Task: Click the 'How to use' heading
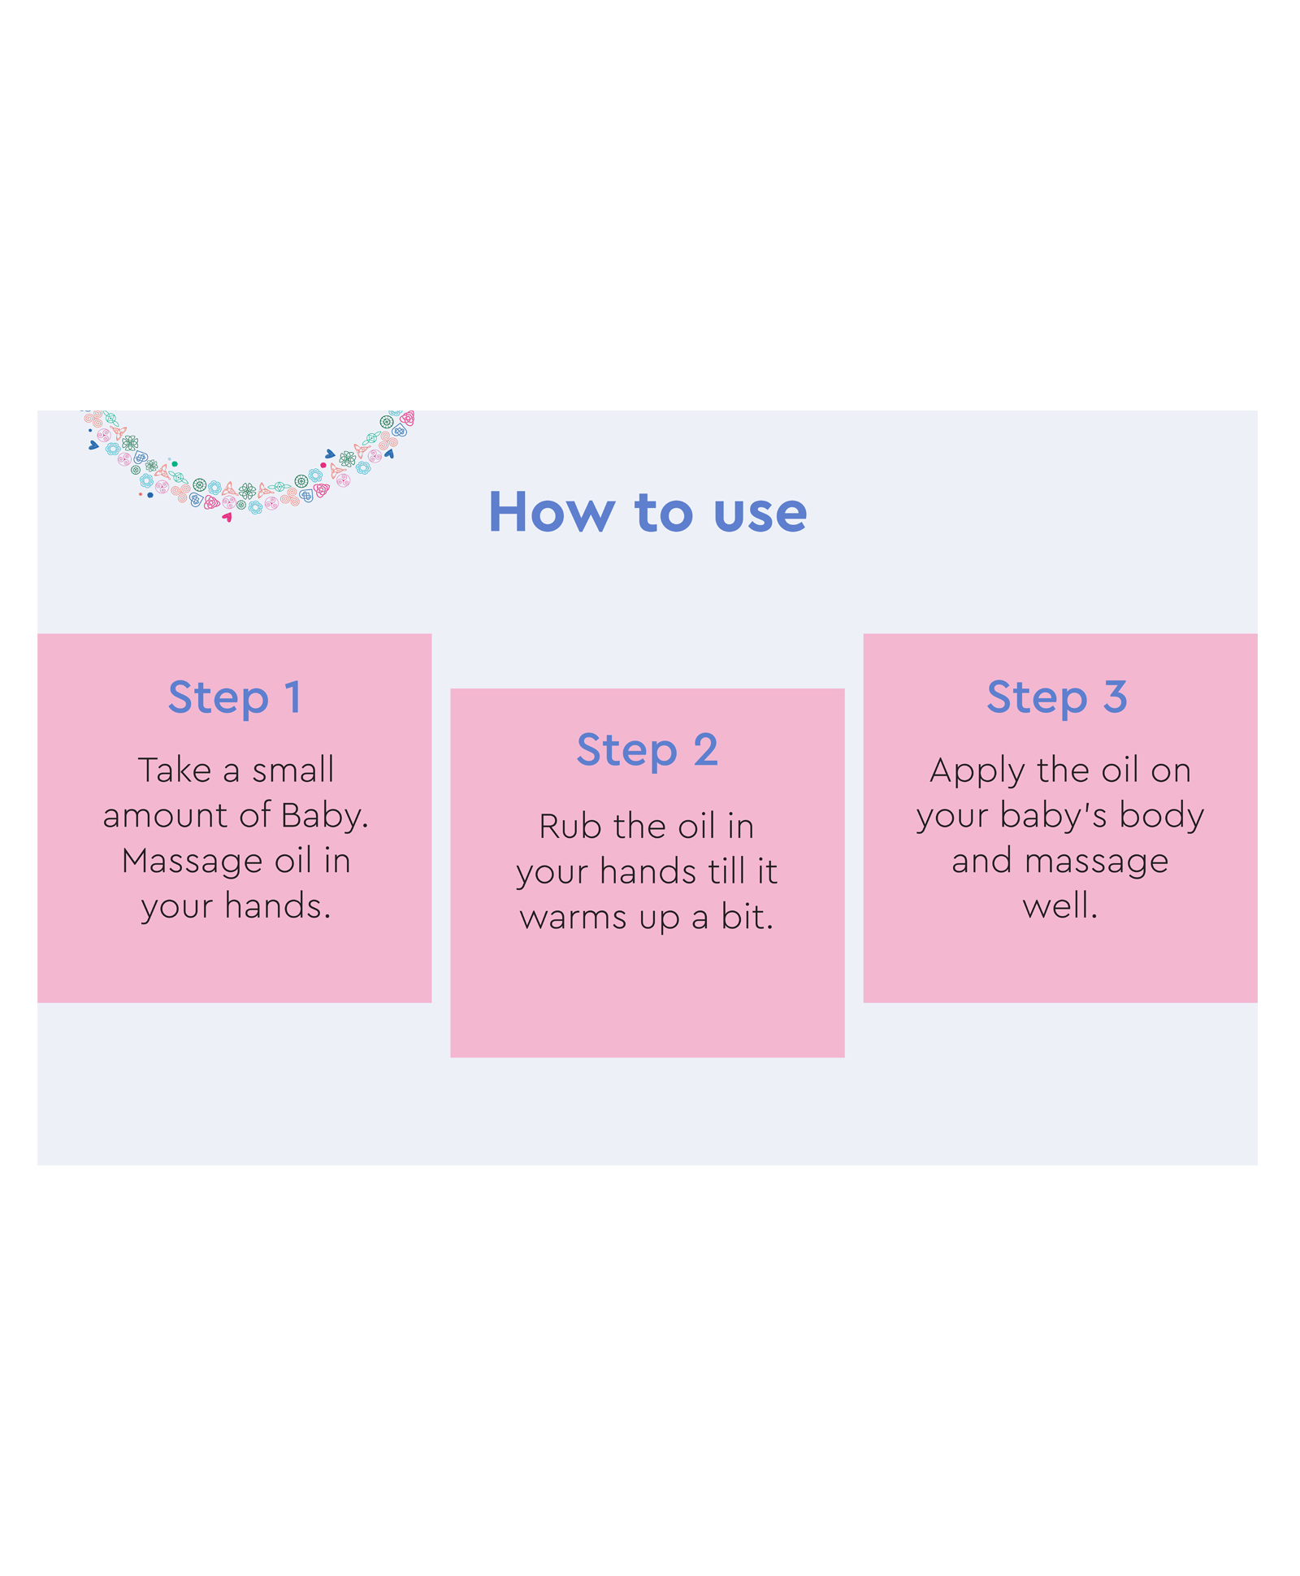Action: (x=648, y=512)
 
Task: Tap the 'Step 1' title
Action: (x=235, y=698)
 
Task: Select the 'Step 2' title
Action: (x=648, y=750)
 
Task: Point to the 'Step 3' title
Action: (x=1057, y=698)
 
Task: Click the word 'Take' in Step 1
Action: (x=175, y=770)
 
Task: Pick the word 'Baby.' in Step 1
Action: (x=325, y=816)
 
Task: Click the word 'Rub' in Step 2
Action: (x=570, y=827)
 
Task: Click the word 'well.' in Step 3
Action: (x=1060, y=906)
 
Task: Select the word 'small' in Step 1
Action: (x=293, y=770)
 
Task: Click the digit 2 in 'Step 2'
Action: (x=706, y=750)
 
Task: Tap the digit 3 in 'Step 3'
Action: (x=1116, y=697)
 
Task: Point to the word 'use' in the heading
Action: (x=760, y=515)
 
